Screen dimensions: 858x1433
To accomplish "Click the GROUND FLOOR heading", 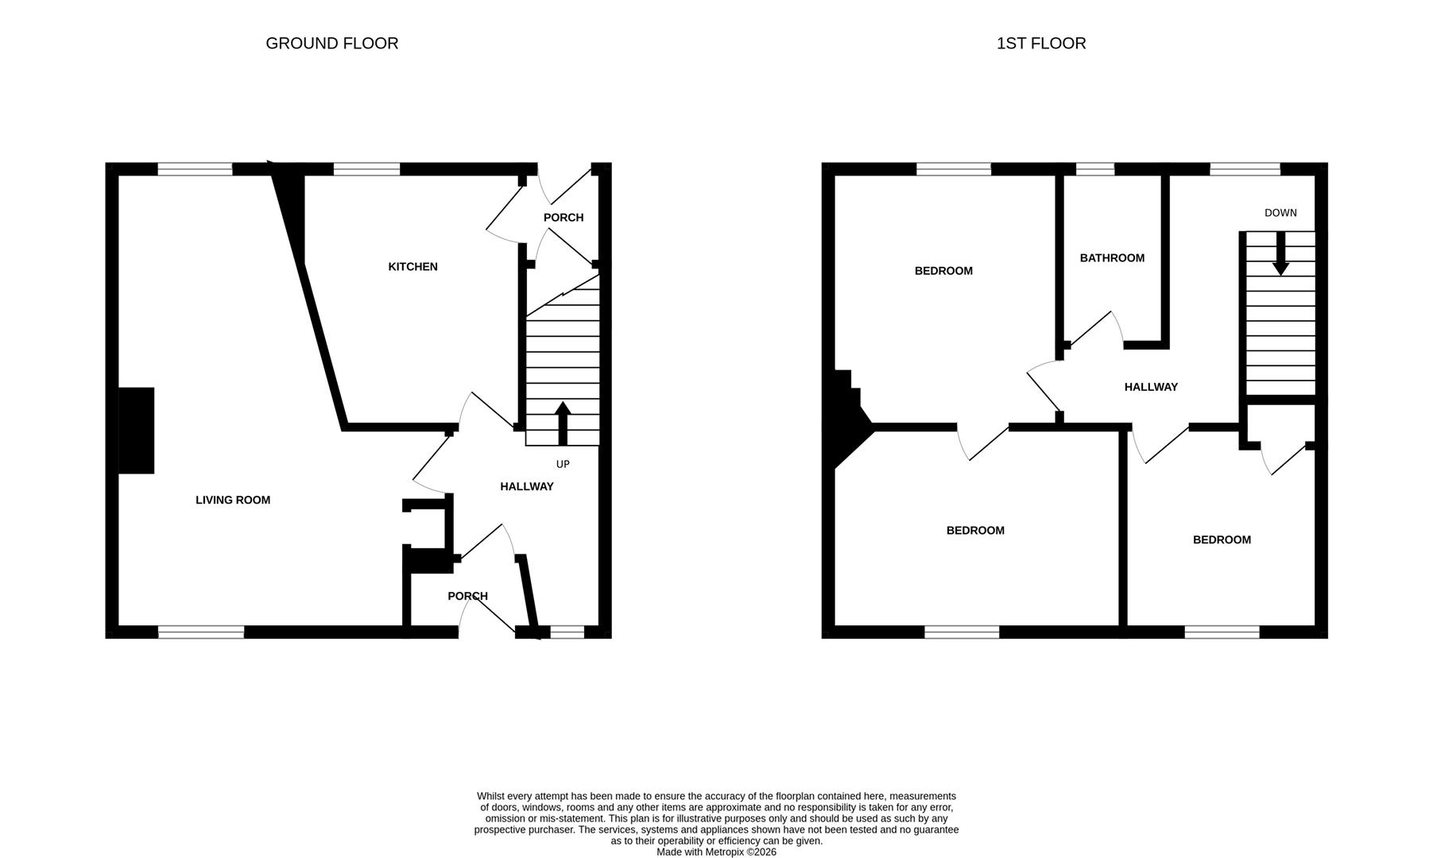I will pyautogui.click(x=331, y=44).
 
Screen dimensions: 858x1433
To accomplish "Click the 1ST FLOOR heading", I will pyautogui.click(x=1040, y=44).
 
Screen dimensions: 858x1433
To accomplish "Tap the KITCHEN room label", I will pyautogui.click(x=412, y=267).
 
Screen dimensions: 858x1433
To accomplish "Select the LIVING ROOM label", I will pyautogui.click(x=233, y=500).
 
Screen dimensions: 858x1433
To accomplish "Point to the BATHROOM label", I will pyautogui.click(x=1112, y=258).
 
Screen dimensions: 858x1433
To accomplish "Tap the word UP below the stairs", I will pyautogui.click(x=563, y=464).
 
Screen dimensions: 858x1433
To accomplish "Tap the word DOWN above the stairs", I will pyautogui.click(x=1280, y=213).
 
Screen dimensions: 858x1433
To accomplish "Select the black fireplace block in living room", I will pyautogui.click(x=136, y=431).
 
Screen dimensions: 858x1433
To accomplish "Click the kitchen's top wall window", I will pyautogui.click(x=366, y=168).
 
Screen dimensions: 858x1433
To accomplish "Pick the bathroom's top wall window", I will pyautogui.click(x=1094, y=168).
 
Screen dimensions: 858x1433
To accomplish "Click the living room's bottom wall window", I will pyautogui.click(x=201, y=632).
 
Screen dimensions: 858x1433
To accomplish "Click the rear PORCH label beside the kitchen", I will pyautogui.click(x=564, y=218).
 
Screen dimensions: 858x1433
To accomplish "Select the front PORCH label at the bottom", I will pyautogui.click(x=467, y=596).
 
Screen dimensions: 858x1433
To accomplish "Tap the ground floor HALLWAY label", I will pyautogui.click(x=526, y=486).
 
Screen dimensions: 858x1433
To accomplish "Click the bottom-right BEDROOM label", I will pyautogui.click(x=1221, y=540).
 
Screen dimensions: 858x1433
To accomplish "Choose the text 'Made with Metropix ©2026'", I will pyautogui.click(x=715, y=852).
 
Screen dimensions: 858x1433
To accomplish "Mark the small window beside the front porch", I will pyautogui.click(x=567, y=632).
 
